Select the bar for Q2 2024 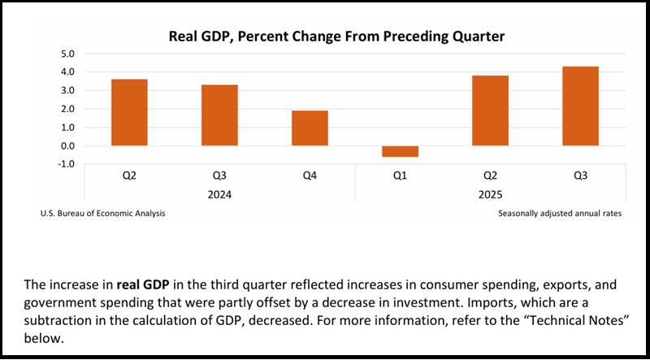click(x=129, y=112)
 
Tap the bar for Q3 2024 click(x=219, y=115)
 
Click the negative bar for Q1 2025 click(x=400, y=152)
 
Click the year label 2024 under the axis click(x=219, y=195)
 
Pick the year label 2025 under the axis click(x=490, y=195)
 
